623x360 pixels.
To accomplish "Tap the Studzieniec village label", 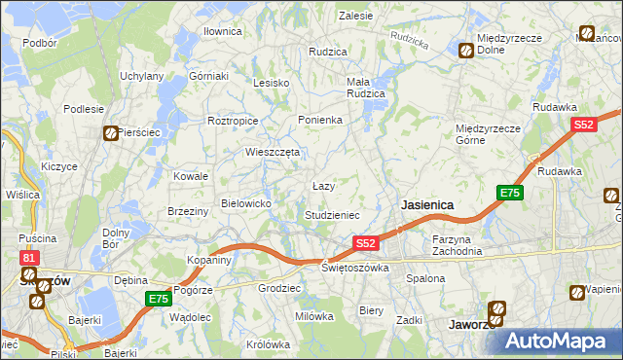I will click(333, 215).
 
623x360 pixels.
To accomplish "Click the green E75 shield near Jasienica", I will click(510, 193).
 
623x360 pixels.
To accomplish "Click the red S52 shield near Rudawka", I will click(583, 125).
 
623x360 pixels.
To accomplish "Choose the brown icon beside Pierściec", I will click(112, 133).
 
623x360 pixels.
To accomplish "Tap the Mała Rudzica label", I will click(366, 88).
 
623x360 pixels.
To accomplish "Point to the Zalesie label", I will click(355, 16).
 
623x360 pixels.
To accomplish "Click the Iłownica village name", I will click(222, 31).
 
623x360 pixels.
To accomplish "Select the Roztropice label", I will click(232, 121).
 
